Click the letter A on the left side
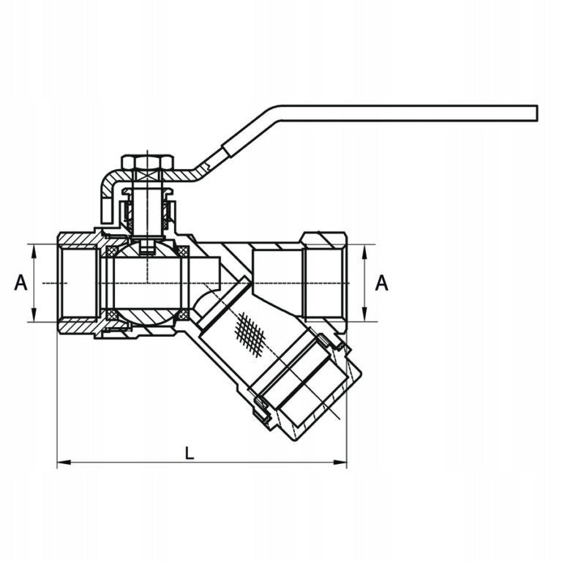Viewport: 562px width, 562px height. pos(20,282)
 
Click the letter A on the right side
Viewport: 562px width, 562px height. pos(381,282)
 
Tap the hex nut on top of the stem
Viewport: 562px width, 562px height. pos(148,162)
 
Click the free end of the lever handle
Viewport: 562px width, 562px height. pos(537,113)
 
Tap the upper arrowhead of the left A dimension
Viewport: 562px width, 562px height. pos(34,251)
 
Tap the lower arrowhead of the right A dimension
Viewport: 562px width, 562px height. pos(365,315)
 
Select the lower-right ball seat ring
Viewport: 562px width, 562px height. pos(184,315)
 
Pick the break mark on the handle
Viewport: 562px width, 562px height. pos(207,166)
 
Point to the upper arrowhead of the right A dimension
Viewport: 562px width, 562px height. pos(365,252)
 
